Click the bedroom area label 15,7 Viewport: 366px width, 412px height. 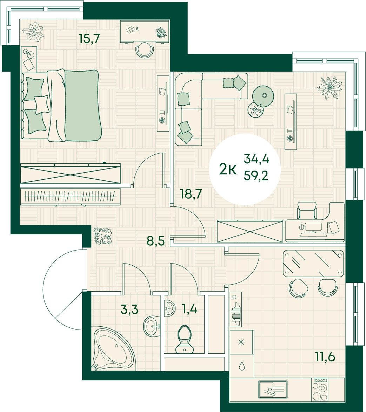(89, 39)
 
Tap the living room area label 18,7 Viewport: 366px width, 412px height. (191, 194)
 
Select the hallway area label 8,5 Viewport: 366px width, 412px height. (156, 240)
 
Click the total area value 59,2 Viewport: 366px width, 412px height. (256, 175)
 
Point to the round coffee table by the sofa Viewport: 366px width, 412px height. (263, 97)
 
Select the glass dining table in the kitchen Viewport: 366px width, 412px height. (313, 263)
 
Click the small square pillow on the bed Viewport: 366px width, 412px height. (42, 104)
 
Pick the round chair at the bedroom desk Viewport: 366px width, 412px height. (145, 51)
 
